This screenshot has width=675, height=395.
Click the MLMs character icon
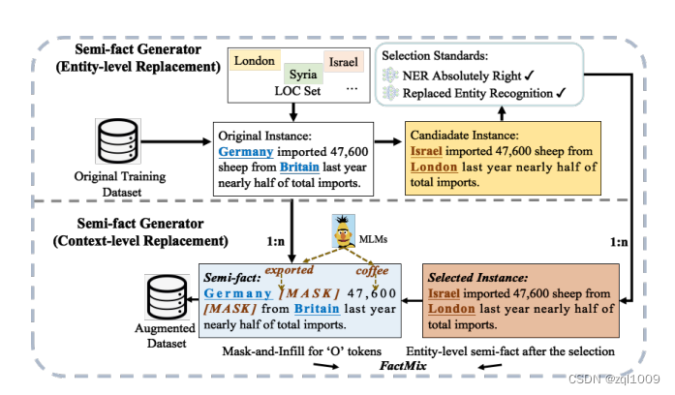click(342, 230)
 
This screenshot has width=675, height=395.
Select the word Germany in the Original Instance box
click(245, 152)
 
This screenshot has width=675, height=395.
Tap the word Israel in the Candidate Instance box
click(428, 152)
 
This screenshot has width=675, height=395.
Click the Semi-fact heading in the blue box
click(230, 277)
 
